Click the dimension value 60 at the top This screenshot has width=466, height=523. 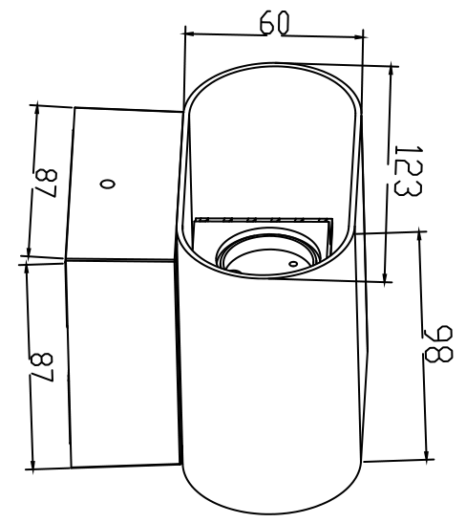click(274, 22)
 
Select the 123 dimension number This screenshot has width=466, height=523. click(408, 170)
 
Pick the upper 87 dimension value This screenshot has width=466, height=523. click(46, 184)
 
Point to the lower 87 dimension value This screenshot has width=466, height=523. click(42, 367)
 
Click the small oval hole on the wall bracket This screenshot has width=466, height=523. click(108, 184)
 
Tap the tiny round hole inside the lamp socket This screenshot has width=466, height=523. click(293, 264)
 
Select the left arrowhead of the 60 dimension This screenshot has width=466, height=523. click(188, 33)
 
